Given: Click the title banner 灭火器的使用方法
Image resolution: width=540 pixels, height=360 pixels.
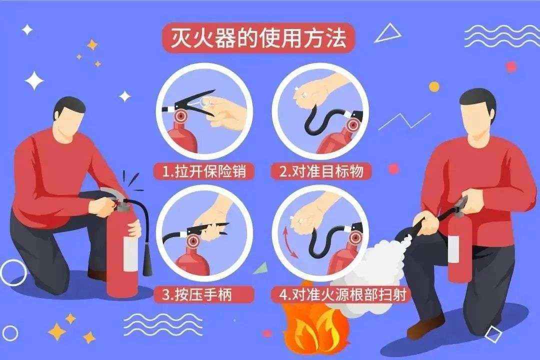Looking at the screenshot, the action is pyautogui.click(x=258, y=37).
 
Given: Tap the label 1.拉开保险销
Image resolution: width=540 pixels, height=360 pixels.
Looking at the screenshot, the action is pyautogui.click(x=204, y=171).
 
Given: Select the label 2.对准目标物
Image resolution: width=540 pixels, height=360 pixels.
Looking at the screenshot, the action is pyautogui.click(x=321, y=171).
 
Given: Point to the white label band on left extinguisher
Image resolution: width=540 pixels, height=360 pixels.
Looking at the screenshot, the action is pyautogui.click(x=130, y=253).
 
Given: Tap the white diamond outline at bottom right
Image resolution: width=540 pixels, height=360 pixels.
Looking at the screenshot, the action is pyautogui.click(x=493, y=334).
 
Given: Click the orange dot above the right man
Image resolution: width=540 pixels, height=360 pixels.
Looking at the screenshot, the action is pyautogui.click(x=434, y=86).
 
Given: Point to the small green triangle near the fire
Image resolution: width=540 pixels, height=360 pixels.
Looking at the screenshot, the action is pyautogui.click(x=261, y=267).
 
